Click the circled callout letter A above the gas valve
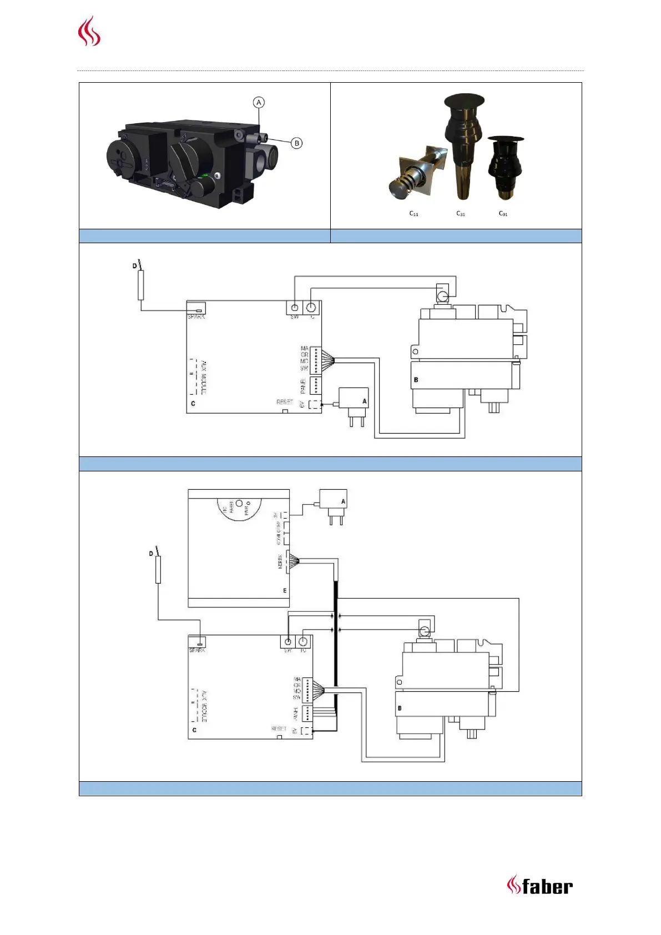click(x=259, y=103)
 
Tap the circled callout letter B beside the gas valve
click(x=297, y=143)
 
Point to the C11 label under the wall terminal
click(x=413, y=214)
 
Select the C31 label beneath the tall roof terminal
click(x=461, y=214)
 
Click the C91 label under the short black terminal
click(x=503, y=214)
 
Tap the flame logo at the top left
click(x=89, y=32)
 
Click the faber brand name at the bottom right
click(x=547, y=886)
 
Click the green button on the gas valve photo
click(x=206, y=175)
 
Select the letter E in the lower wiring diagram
click(x=285, y=590)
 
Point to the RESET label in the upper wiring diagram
click(x=285, y=401)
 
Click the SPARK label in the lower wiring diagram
click(x=197, y=650)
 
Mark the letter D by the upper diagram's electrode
click(x=134, y=267)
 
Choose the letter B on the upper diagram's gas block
click(x=416, y=380)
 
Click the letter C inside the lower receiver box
click(x=194, y=730)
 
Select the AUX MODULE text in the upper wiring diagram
click(x=203, y=378)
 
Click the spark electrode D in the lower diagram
click(x=158, y=569)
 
